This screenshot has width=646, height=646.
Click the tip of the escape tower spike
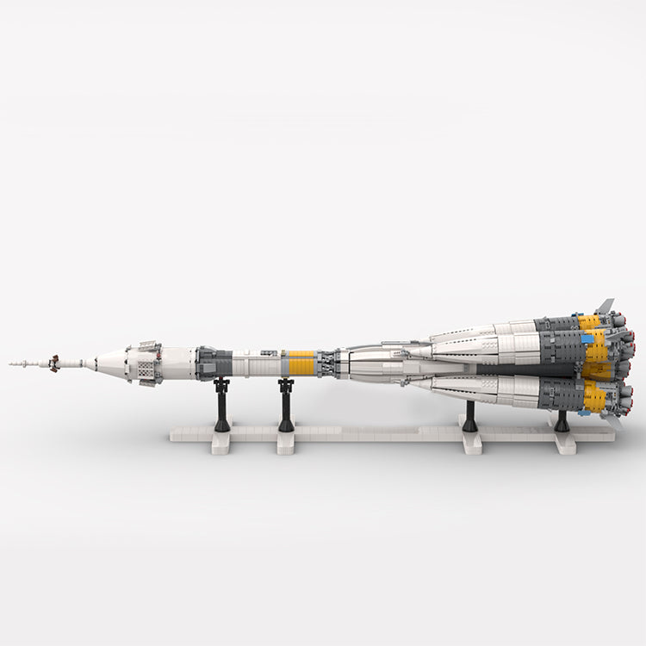11,363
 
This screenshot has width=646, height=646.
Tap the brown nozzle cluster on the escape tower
53,363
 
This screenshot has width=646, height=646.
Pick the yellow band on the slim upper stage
301,363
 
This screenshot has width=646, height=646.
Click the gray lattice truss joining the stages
326,363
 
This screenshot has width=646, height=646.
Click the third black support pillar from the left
469,417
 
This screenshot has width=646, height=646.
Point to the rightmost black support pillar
562,420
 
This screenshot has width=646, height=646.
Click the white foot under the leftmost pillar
221,442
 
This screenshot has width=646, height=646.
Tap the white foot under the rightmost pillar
564,442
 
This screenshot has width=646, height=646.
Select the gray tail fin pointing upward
606,306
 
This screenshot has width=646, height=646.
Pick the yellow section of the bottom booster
595,397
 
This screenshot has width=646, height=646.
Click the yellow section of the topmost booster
590,321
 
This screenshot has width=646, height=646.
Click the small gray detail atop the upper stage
270,351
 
